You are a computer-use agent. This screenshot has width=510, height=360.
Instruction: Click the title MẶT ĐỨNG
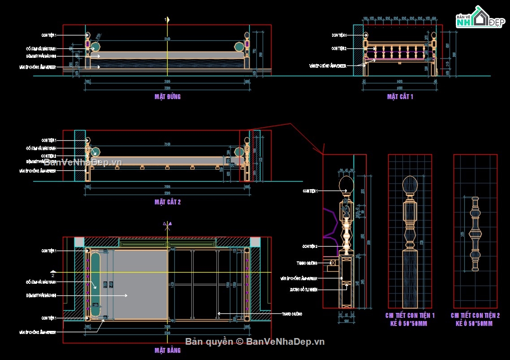coord(167,96)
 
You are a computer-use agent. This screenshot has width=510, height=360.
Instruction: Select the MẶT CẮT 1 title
coord(400,96)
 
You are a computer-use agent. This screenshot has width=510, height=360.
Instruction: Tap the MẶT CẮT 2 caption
coord(167,202)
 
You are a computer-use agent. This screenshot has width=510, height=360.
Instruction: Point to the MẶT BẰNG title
coord(167,350)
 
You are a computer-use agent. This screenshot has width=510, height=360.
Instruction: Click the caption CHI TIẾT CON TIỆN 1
coord(410,316)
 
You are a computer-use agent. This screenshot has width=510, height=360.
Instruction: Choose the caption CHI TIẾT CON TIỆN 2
coord(475,316)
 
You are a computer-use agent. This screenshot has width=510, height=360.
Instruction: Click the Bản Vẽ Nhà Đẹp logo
coord(479,18)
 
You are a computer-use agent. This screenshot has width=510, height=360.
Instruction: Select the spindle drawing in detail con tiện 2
coord(475,234)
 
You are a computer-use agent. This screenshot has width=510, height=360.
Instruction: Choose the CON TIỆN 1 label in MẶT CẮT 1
coord(339,35)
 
